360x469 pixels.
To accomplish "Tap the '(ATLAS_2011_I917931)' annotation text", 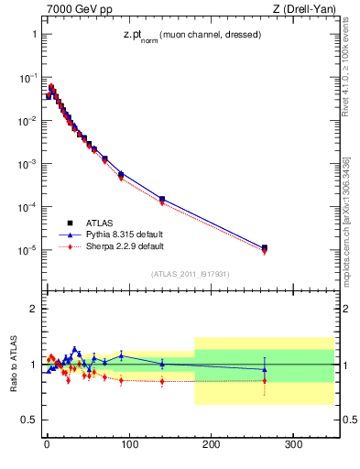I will click(191, 273).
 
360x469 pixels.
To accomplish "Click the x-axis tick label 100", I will click(129, 444).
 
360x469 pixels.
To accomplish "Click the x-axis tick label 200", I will click(212, 444).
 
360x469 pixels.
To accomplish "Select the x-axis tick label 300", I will click(294, 444).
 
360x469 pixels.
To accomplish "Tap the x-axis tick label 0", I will click(47, 444).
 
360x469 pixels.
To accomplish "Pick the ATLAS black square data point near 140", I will click(162, 199).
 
